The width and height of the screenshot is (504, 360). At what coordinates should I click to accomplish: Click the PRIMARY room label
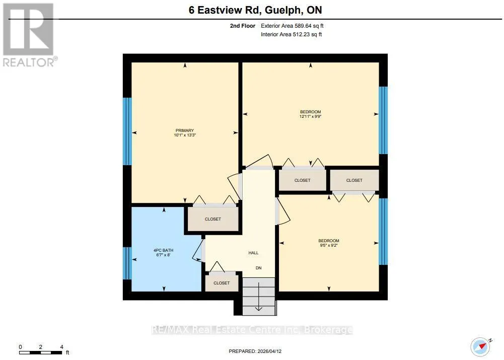pos(185,130)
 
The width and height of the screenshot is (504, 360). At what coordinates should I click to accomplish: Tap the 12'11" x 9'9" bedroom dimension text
pos(311,117)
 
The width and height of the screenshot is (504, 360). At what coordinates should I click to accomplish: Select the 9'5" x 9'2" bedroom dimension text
pos(328,245)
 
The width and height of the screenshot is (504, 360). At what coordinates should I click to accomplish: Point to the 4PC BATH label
pos(163,250)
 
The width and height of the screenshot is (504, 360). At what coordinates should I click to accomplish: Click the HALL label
pos(253,253)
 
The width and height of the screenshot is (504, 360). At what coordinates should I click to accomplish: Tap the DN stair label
pos(258,268)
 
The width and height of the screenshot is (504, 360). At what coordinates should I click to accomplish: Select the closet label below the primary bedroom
pos(213,219)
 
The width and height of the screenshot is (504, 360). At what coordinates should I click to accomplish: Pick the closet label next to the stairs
pos(222,283)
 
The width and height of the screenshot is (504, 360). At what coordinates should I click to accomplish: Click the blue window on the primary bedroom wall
pos(127,131)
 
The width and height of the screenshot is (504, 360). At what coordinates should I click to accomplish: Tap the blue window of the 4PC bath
pos(127,263)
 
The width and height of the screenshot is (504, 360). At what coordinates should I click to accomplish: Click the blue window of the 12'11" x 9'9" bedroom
pos(383,120)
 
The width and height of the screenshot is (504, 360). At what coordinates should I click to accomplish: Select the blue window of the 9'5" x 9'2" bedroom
pos(383,232)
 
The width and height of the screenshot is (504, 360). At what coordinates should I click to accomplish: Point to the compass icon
pos(481,346)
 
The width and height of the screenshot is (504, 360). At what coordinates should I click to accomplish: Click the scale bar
pos(41,352)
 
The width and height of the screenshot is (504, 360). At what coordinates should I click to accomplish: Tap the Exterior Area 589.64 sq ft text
pos(292,26)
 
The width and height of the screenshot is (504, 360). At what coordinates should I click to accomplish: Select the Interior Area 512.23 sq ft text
pos(291,34)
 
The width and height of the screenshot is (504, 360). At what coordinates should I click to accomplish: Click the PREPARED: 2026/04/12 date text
pos(255,351)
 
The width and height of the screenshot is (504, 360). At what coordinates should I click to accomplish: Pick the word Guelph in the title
pos(283,10)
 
